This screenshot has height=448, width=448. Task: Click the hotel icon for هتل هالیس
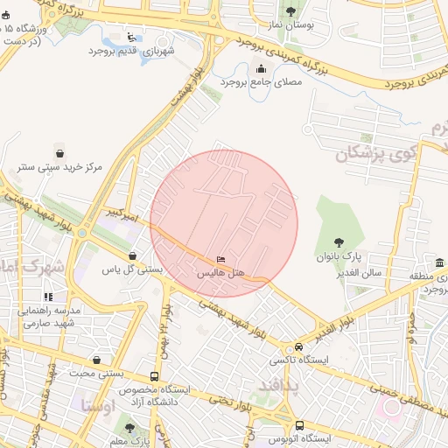220,259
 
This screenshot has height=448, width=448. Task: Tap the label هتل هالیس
220,274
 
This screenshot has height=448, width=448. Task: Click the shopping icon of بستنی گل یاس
132,255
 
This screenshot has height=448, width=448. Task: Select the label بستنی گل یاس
133,270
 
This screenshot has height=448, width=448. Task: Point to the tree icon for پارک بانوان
339,242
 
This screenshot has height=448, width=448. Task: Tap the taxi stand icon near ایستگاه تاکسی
300,346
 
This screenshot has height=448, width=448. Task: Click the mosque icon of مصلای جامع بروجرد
261,69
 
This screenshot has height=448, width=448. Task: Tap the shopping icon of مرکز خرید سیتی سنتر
59,151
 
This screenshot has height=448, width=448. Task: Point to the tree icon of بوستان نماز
291,11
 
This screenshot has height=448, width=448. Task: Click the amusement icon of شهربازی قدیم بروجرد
132,37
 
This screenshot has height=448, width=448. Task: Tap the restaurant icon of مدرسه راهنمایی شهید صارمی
48,297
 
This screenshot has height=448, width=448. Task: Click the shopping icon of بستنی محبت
96,360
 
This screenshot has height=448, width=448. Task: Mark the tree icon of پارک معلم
129,428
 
